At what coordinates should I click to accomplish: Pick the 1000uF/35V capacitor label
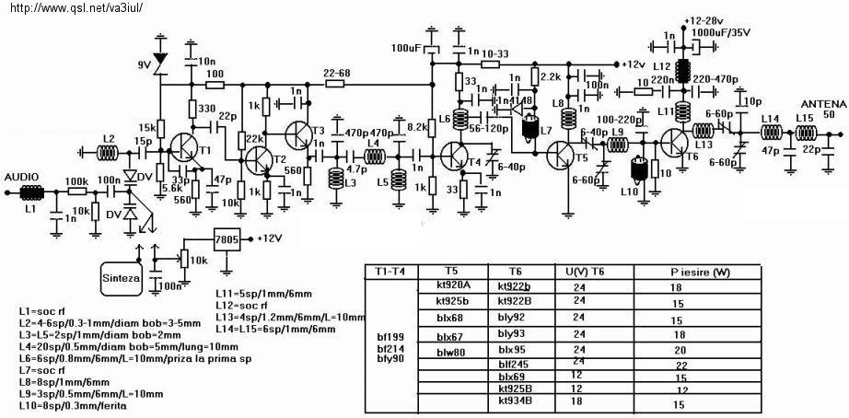pyautogui.click(x=720, y=31)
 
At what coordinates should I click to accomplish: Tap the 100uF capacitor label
pyautogui.click(x=406, y=47)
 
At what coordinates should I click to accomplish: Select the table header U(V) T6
pyautogui.click(x=586, y=272)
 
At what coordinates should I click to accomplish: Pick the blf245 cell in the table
pyautogui.click(x=512, y=364)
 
